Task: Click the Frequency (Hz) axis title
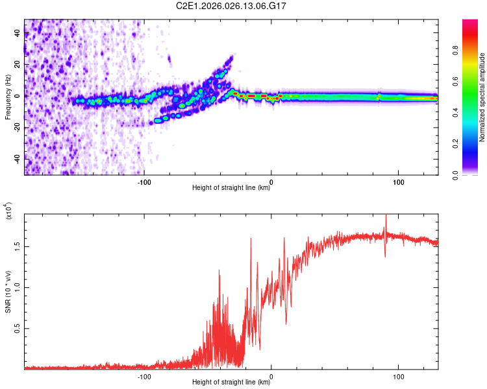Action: coord(8,97)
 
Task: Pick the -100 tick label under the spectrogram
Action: coord(144,181)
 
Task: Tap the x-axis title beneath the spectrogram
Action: coord(231,189)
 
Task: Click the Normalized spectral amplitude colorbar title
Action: coord(482,97)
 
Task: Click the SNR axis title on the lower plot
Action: coord(8,292)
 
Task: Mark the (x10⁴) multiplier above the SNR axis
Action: coord(8,211)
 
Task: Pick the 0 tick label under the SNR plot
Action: coord(271,375)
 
